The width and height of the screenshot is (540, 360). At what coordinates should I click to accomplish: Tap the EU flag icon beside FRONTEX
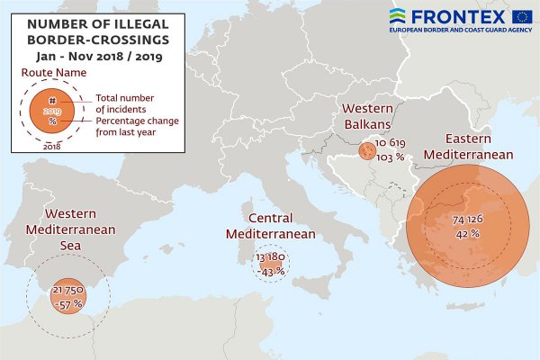coord(521,14)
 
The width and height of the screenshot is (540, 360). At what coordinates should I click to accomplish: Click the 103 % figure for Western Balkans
coord(390,157)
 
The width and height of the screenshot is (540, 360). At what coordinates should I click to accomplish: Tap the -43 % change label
coord(271,270)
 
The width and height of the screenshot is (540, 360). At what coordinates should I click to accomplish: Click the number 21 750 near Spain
coord(68,291)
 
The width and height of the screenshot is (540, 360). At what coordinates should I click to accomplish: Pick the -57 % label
coord(67,304)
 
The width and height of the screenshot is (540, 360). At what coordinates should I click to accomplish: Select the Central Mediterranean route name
coord(270,226)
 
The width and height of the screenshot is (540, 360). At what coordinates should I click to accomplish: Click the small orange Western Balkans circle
coord(367,153)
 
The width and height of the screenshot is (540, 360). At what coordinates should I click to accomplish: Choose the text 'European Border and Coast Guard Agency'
coord(460,30)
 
